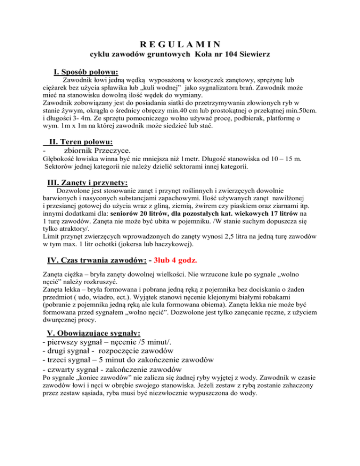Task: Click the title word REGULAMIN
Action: click(180, 45)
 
